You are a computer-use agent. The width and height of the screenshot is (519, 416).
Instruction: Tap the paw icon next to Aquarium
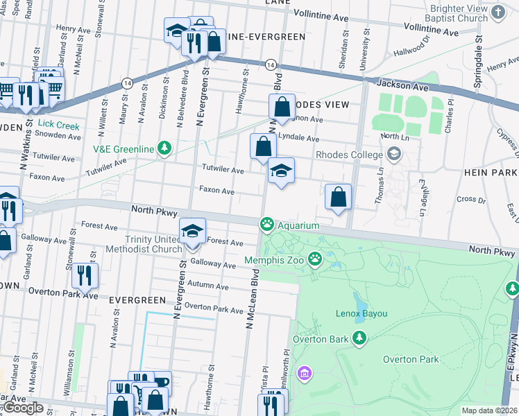(266, 224)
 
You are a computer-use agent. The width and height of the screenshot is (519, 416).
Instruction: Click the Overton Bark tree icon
(359, 338)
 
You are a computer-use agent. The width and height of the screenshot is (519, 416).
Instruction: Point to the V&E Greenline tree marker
(164, 147)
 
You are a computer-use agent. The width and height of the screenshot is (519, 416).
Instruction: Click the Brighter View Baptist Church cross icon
(497, 12)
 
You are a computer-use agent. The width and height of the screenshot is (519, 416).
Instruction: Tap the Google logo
(22, 408)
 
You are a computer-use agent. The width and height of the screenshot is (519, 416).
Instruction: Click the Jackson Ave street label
(400, 83)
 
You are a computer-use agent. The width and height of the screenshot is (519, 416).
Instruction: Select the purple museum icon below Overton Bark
(303, 374)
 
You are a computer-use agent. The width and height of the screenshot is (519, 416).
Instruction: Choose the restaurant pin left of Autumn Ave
(85, 276)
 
